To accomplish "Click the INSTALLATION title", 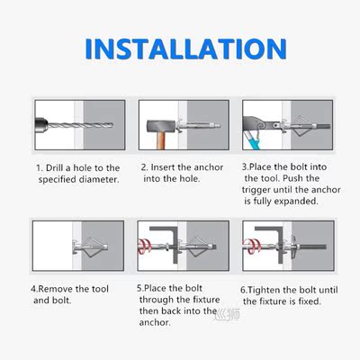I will click(180, 50).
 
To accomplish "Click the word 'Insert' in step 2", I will click(168, 167).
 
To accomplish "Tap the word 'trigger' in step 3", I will click(261, 191).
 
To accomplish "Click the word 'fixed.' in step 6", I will click(305, 301).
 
